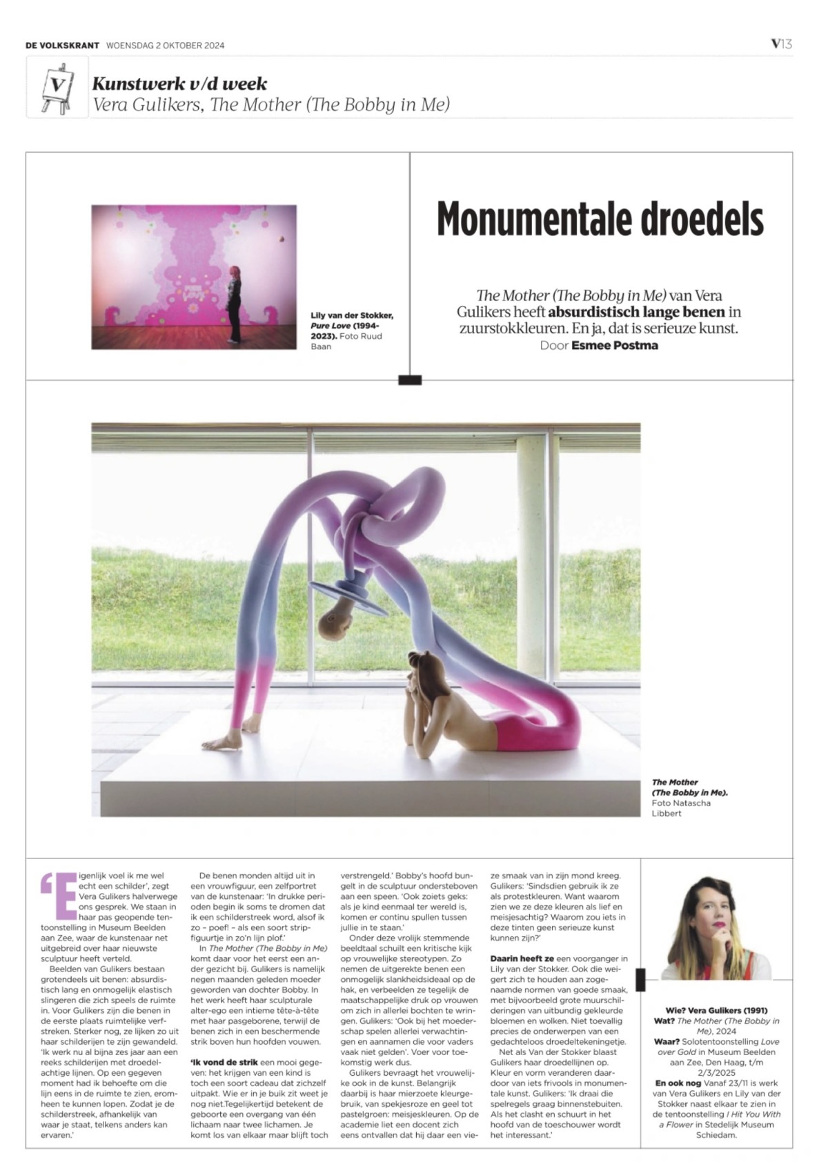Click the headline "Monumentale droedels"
(600, 219)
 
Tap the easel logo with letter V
(57, 86)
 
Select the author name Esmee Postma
(614, 345)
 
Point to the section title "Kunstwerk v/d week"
(179, 84)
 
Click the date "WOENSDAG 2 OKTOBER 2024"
(166, 46)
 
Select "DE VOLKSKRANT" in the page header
(62, 46)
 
